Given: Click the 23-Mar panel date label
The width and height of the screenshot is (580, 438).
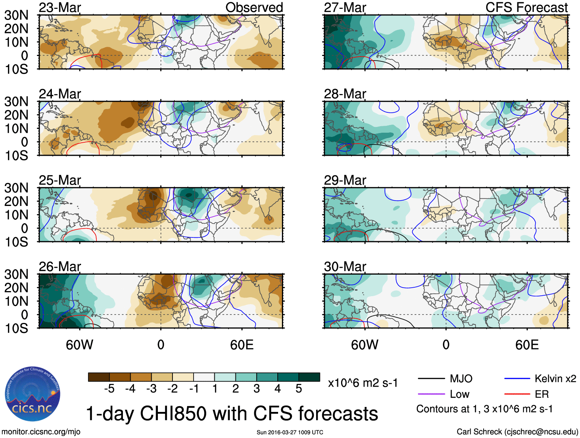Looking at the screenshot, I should (x=60, y=8).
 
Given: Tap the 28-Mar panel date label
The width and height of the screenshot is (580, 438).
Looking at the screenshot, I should (x=345, y=94).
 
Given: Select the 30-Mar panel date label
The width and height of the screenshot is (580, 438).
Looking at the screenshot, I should (x=345, y=267).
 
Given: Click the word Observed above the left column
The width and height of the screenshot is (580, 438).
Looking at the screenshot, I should (x=254, y=8).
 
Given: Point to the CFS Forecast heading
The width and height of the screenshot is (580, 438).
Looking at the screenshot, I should (x=526, y=8).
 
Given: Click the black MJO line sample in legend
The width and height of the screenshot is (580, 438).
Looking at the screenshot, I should (x=431, y=379).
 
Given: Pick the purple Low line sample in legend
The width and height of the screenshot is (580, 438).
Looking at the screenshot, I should (x=431, y=394).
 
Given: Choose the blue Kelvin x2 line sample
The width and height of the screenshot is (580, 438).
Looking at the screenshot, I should (x=517, y=379).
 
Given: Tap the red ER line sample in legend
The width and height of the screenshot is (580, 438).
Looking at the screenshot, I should (x=517, y=394).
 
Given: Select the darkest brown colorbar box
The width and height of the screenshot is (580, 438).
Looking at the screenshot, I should (x=99, y=377).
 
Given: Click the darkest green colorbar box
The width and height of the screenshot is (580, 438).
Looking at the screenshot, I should (x=309, y=377).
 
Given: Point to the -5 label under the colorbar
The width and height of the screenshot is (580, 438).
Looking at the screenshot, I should (x=109, y=389).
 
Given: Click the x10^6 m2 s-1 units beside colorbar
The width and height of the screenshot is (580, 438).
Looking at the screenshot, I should (x=363, y=383).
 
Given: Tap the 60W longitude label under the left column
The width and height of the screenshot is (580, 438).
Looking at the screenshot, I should (x=80, y=345).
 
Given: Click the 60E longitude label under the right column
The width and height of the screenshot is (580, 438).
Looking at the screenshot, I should (x=527, y=345).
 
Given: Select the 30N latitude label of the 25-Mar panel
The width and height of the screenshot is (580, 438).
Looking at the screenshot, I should (x=16, y=188).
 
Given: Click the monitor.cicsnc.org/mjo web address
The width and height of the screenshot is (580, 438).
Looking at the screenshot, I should (x=41, y=432).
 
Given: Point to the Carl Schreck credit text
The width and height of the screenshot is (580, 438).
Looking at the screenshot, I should (x=517, y=432).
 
